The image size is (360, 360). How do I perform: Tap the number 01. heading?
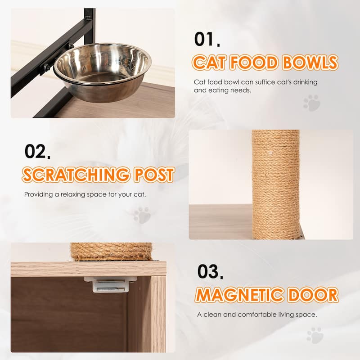[x=207, y=39]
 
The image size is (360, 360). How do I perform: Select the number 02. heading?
[x=37, y=152]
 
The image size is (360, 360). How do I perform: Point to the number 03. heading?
[x=210, y=272]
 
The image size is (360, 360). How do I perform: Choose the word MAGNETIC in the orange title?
[x=242, y=295]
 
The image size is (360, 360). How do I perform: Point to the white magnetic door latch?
[x=110, y=284]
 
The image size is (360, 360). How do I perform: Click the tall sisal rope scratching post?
[x=275, y=184]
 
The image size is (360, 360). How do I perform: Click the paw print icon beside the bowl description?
[x=311, y=103]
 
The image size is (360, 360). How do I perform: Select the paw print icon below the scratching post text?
[x=142, y=215]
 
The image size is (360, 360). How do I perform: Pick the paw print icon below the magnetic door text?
[x=315, y=335]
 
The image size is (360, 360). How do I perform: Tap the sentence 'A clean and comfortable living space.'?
[x=257, y=315]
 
